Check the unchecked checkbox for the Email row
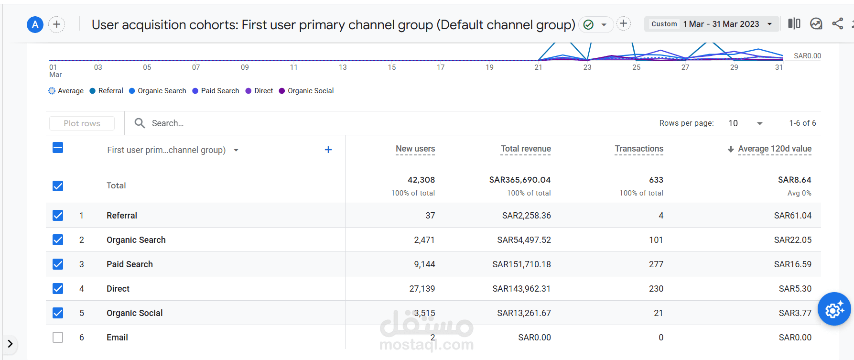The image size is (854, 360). pos(58,338)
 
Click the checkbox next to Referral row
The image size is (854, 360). pos(58,216)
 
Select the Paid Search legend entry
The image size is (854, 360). pos(216,91)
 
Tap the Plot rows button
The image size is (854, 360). pos(82,123)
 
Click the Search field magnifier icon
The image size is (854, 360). pos(140,123)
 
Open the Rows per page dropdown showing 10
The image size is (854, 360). pos(745,123)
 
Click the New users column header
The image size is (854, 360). pos(415,149)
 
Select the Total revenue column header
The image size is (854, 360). pos(525,149)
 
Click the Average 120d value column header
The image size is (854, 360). pos(774,149)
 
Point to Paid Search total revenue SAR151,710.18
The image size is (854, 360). pos(521,264)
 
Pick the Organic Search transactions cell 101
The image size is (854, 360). pos(656,240)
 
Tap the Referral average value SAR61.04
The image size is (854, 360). pos(792,216)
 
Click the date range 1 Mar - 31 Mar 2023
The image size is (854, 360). pos(721,24)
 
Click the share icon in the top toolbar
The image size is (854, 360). pos(837,24)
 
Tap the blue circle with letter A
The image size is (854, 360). pos(35,24)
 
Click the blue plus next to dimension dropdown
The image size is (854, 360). pos(328,150)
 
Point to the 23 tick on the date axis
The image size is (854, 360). pos(587,67)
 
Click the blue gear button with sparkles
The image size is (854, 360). pos(834,309)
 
